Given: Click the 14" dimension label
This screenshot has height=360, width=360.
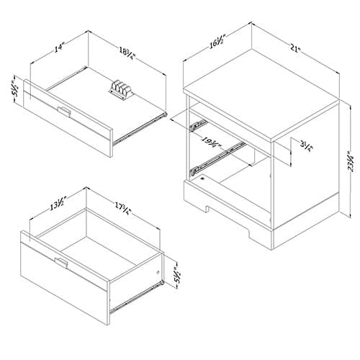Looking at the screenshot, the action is click(x=60, y=48).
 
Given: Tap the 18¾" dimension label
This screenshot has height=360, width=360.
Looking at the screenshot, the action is click(x=127, y=53).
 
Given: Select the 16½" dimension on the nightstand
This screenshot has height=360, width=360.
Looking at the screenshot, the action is click(x=218, y=42).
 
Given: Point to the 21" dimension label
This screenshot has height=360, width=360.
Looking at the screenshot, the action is click(x=295, y=48).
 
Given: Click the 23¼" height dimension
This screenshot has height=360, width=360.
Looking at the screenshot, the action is click(x=351, y=161).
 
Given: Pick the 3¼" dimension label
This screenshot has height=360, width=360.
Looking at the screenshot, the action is click(x=307, y=145).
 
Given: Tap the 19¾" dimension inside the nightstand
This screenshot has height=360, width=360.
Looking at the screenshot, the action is click(x=211, y=143).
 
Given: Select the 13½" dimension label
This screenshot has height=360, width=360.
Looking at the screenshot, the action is click(x=58, y=204).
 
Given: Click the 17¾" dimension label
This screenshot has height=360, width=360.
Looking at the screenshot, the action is click(x=122, y=208).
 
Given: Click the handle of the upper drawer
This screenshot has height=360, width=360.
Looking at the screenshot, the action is click(x=64, y=111).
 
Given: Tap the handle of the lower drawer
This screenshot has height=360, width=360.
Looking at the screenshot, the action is click(x=61, y=263).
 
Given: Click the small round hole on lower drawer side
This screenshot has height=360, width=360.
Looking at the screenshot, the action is click(x=158, y=272).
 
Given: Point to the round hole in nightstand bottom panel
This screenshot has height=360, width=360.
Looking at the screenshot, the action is click(x=203, y=179).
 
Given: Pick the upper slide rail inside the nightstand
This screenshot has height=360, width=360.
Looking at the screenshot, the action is click(x=198, y=125).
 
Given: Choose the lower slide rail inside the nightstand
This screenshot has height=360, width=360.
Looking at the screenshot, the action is click(x=217, y=158).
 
